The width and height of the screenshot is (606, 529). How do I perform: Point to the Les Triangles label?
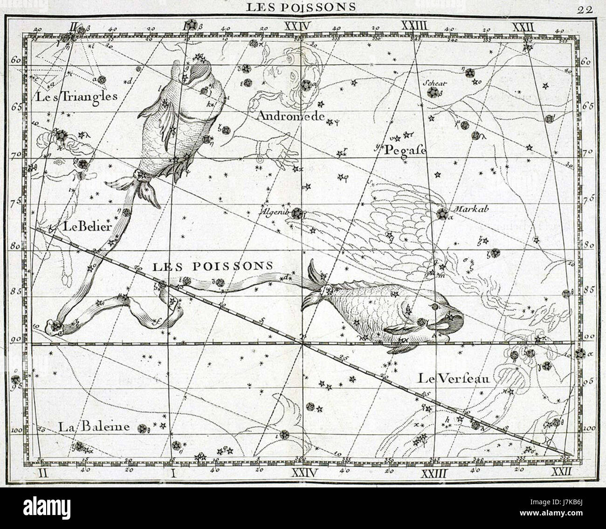[x=75, y=97]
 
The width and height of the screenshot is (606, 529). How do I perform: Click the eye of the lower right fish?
[x=435, y=308]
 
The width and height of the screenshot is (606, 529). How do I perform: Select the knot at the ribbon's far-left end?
[x=55, y=326]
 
